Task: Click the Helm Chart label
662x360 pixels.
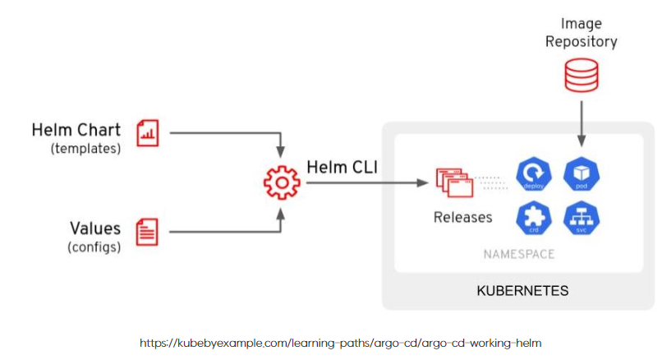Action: click(x=76, y=130)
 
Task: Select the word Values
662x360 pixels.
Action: click(x=94, y=228)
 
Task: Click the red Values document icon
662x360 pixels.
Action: click(x=148, y=232)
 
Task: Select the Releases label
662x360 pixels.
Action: click(x=463, y=218)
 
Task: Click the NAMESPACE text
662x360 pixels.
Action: click(x=518, y=254)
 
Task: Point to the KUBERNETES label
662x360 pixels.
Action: click(x=522, y=291)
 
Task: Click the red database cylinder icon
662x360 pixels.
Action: click(x=582, y=77)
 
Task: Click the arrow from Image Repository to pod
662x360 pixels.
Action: click(x=582, y=123)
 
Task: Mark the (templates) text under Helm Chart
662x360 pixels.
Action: click(x=85, y=149)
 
